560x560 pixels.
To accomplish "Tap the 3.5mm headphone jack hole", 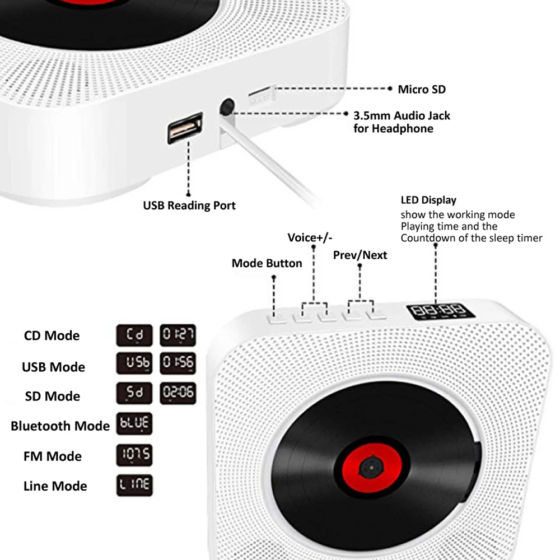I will (227, 106).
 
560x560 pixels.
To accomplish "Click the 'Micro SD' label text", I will (422, 89).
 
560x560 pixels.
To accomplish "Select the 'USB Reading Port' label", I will (189, 206).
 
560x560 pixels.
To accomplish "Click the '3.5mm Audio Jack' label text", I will (402, 116).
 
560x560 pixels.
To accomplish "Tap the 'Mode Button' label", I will (267, 263).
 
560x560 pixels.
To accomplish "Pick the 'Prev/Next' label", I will (360, 255).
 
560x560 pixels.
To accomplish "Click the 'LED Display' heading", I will (428, 200).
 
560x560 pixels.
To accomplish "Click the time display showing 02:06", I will (178, 393).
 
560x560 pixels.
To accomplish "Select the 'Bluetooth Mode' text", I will (60, 426).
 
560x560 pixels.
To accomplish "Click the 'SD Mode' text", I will (52, 396).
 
